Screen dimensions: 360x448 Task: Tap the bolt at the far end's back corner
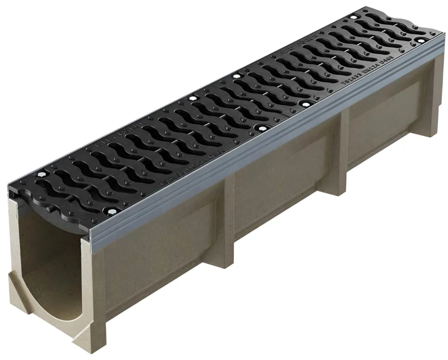353,17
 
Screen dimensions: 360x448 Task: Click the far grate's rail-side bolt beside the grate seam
306,104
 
